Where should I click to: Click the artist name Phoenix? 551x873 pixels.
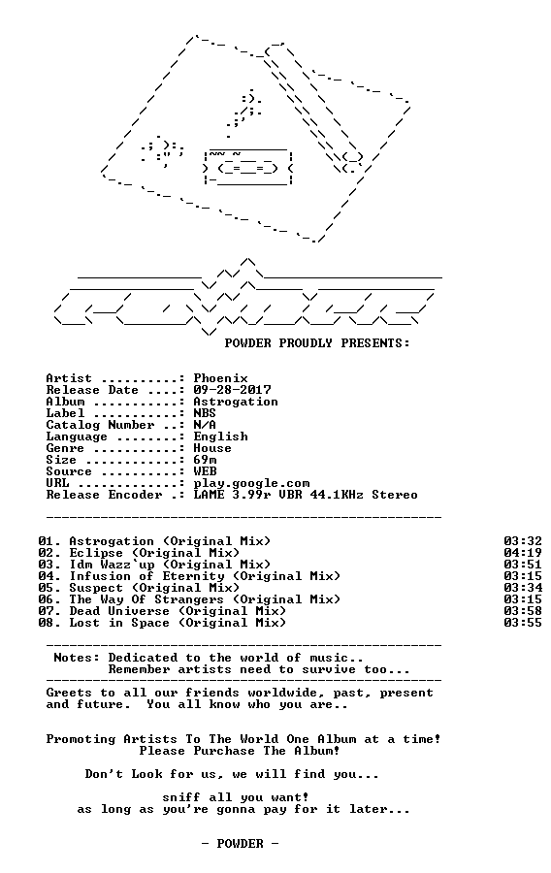click(x=220, y=378)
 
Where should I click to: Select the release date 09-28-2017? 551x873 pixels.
click(x=232, y=390)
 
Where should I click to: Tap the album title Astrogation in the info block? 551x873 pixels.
click(x=236, y=402)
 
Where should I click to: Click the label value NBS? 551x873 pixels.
click(x=205, y=413)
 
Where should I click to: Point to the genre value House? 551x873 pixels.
click(x=212, y=448)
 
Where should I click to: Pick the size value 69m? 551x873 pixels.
click(x=205, y=460)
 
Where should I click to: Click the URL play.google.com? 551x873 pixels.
click(x=251, y=484)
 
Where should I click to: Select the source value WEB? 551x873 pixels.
click(x=205, y=471)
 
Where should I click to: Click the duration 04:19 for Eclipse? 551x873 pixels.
click(x=523, y=553)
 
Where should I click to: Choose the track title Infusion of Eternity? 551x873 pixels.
click(x=146, y=576)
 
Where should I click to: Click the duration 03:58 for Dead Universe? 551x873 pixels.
click(x=523, y=611)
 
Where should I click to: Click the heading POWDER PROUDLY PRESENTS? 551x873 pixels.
click(x=317, y=343)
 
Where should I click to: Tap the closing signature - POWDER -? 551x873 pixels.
click(x=240, y=844)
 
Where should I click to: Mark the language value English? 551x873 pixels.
click(x=220, y=437)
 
